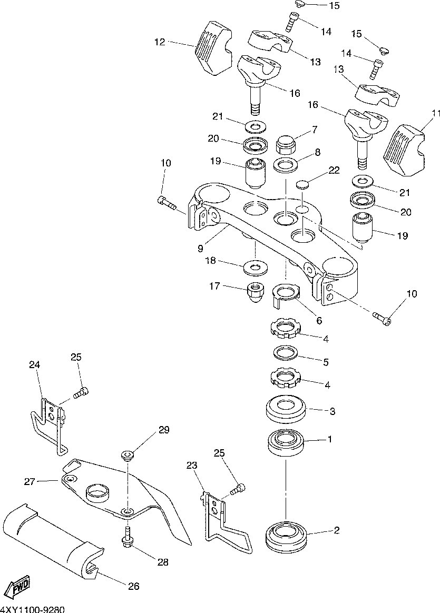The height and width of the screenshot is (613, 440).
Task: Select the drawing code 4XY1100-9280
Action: tap(33, 609)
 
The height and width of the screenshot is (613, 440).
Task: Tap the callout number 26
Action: tap(134, 586)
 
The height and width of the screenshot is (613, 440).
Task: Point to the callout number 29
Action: tap(164, 430)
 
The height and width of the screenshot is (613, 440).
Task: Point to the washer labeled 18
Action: tap(255, 267)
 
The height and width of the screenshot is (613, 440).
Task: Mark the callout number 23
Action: tap(192, 466)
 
